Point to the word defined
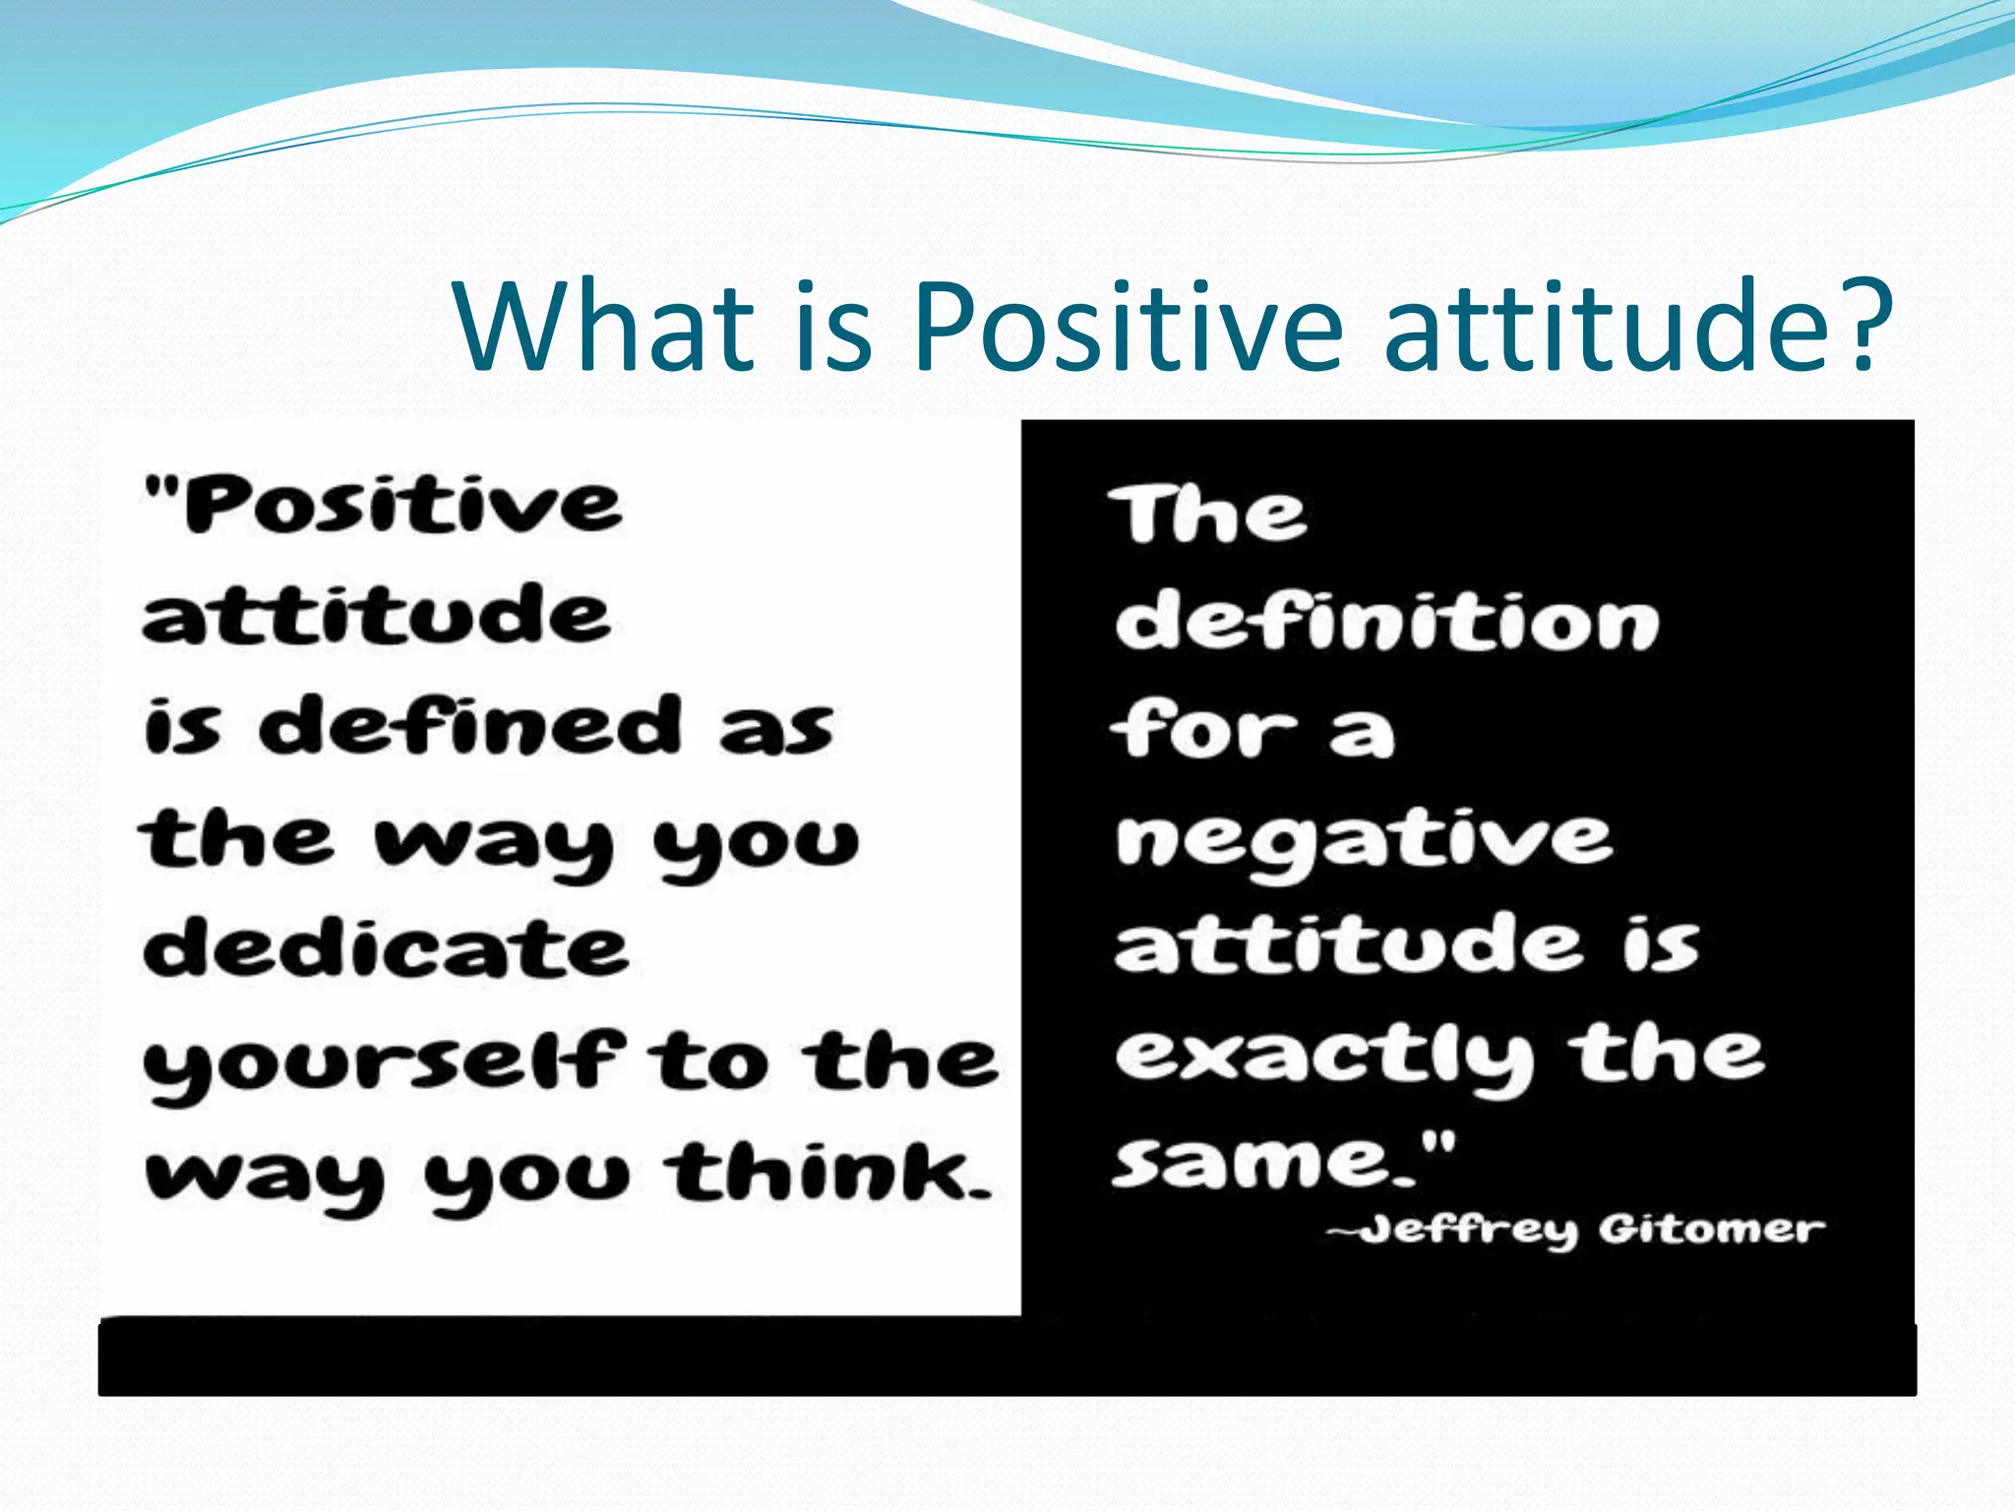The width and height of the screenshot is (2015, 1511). pyautogui.click(x=469, y=726)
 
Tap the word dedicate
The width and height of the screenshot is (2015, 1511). pyautogui.click(x=385, y=948)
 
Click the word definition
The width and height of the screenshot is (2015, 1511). pyautogui.click(x=1386, y=622)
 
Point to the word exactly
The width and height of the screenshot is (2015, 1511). pyautogui.click(x=1324, y=1058)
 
